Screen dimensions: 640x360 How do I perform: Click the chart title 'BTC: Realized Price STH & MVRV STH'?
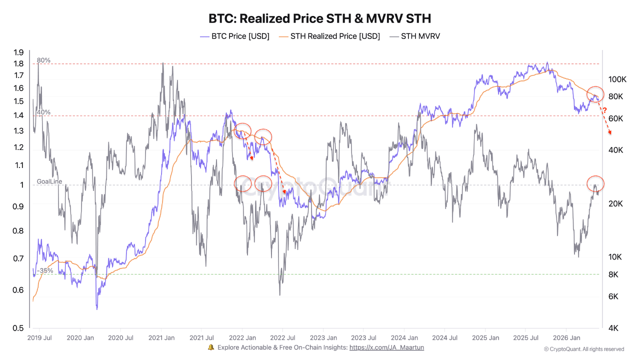pos(319,18)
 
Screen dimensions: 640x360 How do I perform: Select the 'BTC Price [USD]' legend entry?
pos(234,36)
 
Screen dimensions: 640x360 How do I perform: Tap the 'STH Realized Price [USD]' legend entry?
pos(329,36)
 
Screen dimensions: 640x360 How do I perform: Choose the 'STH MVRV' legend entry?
pos(415,36)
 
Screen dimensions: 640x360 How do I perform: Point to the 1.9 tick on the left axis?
pos(18,52)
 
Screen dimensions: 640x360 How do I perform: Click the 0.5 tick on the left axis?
pos(18,328)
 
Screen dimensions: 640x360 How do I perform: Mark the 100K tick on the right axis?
pos(617,79)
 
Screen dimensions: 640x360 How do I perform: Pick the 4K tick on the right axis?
pos(613,328)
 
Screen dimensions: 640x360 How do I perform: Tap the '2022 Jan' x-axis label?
pos(242,337)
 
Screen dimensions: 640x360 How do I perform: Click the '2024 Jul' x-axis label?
pos(444,337)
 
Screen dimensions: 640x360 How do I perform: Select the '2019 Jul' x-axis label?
pos(39,337)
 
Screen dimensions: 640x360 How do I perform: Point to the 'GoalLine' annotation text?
pos(49,181)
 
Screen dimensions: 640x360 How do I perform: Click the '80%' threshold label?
pos(43,60)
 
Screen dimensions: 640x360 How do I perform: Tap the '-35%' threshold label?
pos(45,270)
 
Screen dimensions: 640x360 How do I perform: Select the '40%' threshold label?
pos(43,112)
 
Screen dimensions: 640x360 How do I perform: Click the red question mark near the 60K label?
pos(605,110)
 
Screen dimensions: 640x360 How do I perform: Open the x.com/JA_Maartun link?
pos(386,347)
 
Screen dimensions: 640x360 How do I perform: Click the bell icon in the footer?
pos(211,347)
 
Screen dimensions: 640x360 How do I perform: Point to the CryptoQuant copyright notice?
pos(584,349)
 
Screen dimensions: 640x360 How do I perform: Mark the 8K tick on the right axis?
pos(613,274)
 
